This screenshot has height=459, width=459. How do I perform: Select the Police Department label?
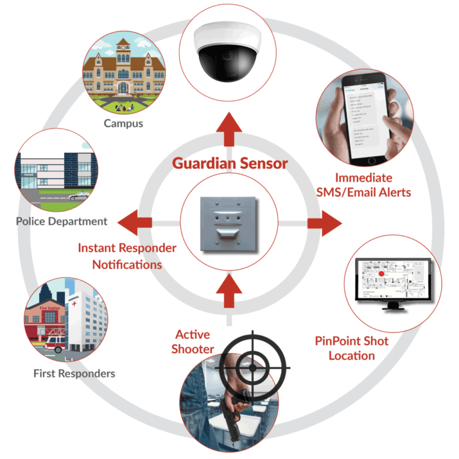pyautogui.click(x=61, y=221)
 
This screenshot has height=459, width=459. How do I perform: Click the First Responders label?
pyautogui.click(x=73, y=374)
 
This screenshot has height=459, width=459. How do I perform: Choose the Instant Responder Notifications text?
pyautogui.click(x=127, y=256)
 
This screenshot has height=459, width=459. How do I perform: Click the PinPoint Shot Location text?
pyautogui.click(x=352, y=348)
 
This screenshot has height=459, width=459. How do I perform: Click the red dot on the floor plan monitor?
pyautogui.click(x=380, y=275)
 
